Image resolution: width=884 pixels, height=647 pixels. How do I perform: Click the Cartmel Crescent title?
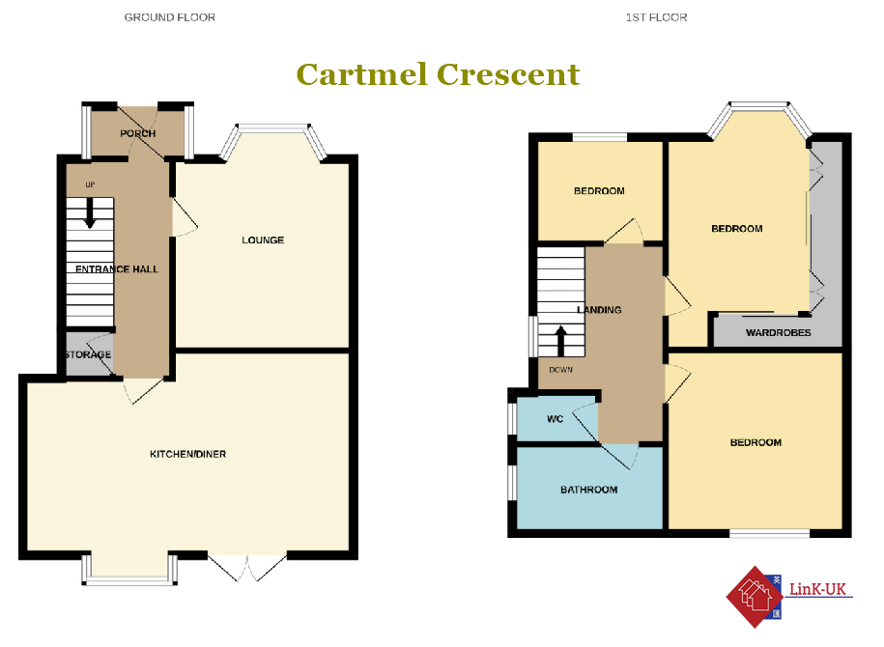click(438, 74)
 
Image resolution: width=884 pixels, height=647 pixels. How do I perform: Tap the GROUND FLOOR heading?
click(170, 17)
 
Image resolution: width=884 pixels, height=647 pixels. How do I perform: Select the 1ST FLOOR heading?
click(656, 17)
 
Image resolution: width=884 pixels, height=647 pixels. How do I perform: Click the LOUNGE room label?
click(263, 240)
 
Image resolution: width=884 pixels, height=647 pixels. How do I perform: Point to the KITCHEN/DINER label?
click(187, 454)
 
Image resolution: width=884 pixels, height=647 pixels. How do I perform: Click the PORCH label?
click(137, 133)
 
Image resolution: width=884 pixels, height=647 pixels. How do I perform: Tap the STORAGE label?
click(88, 354)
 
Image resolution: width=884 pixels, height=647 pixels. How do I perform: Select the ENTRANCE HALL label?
click(117, 269)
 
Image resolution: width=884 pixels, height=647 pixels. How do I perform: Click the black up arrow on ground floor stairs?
click(90, 213)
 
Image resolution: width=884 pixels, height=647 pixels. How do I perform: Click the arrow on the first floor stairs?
click(561, 341)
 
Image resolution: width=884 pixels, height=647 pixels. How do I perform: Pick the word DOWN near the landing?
click(561, 370)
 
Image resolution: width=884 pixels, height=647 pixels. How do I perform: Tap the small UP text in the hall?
click(90, 184)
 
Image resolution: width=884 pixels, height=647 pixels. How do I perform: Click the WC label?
click(556, 419)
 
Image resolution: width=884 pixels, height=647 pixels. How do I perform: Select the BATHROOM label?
click(589, 490)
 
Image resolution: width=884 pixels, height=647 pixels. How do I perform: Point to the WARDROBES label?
click(779, 332)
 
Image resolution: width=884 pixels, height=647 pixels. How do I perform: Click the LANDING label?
click(599, 310)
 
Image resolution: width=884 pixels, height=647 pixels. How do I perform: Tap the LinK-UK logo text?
click(818, 589)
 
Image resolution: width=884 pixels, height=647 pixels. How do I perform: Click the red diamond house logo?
click(756, 597)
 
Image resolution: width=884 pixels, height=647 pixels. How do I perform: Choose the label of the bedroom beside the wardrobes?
click(737, 229)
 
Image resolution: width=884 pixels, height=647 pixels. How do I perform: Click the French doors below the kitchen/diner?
click(247, 568)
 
